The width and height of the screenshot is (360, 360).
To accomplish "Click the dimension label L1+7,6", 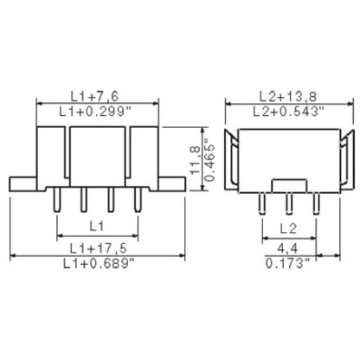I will (x=97, y=94).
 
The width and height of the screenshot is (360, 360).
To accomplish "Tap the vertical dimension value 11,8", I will (x=196, y=162).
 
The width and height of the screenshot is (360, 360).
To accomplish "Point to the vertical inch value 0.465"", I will (x=210, y=162).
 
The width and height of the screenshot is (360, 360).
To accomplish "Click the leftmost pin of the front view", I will (x=57, y=200).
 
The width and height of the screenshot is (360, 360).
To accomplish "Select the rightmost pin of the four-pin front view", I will (x=138, y=200).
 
